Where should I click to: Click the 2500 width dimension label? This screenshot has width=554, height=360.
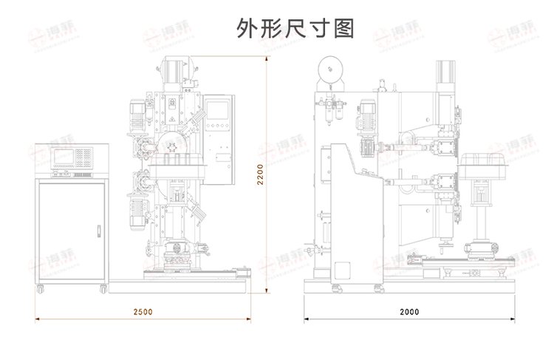click(143, 311)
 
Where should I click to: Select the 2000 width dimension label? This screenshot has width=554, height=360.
click(408, 311)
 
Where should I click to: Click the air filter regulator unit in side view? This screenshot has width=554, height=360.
click(330, 115)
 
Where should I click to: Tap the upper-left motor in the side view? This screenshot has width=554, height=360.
click(366, 115)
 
